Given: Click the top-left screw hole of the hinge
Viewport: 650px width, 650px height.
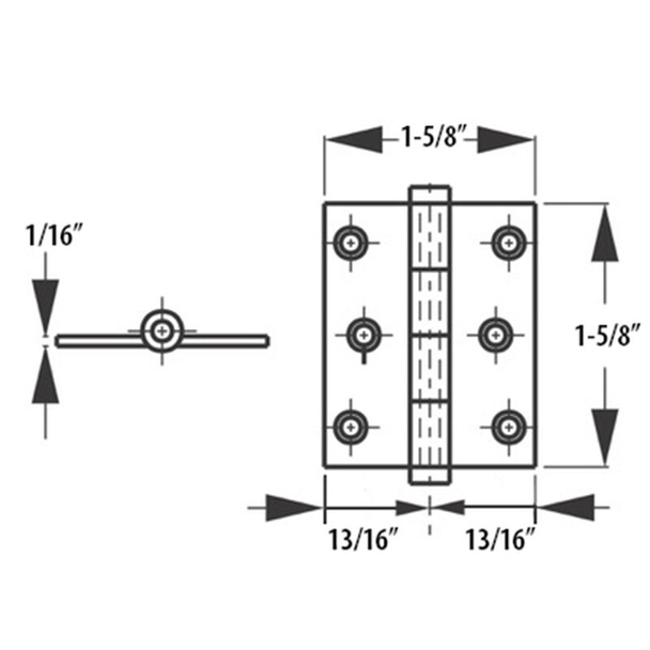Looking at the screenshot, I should tap(351, 241).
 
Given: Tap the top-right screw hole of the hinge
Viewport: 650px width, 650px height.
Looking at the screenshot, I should tap(508, 241).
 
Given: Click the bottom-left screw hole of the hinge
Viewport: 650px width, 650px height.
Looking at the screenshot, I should tap(351, 424).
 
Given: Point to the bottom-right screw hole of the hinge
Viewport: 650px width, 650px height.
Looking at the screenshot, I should tap(508, 424).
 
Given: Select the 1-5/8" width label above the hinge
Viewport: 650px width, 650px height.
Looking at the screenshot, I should tap(429, 137).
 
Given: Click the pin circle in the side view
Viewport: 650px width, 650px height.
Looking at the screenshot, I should tap(162, 331).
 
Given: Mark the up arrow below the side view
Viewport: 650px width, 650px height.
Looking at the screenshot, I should tap(45, 378).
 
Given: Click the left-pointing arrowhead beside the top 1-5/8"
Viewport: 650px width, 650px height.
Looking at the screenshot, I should tap(353, 138).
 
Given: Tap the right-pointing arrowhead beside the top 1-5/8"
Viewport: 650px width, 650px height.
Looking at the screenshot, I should tap(505, 138).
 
